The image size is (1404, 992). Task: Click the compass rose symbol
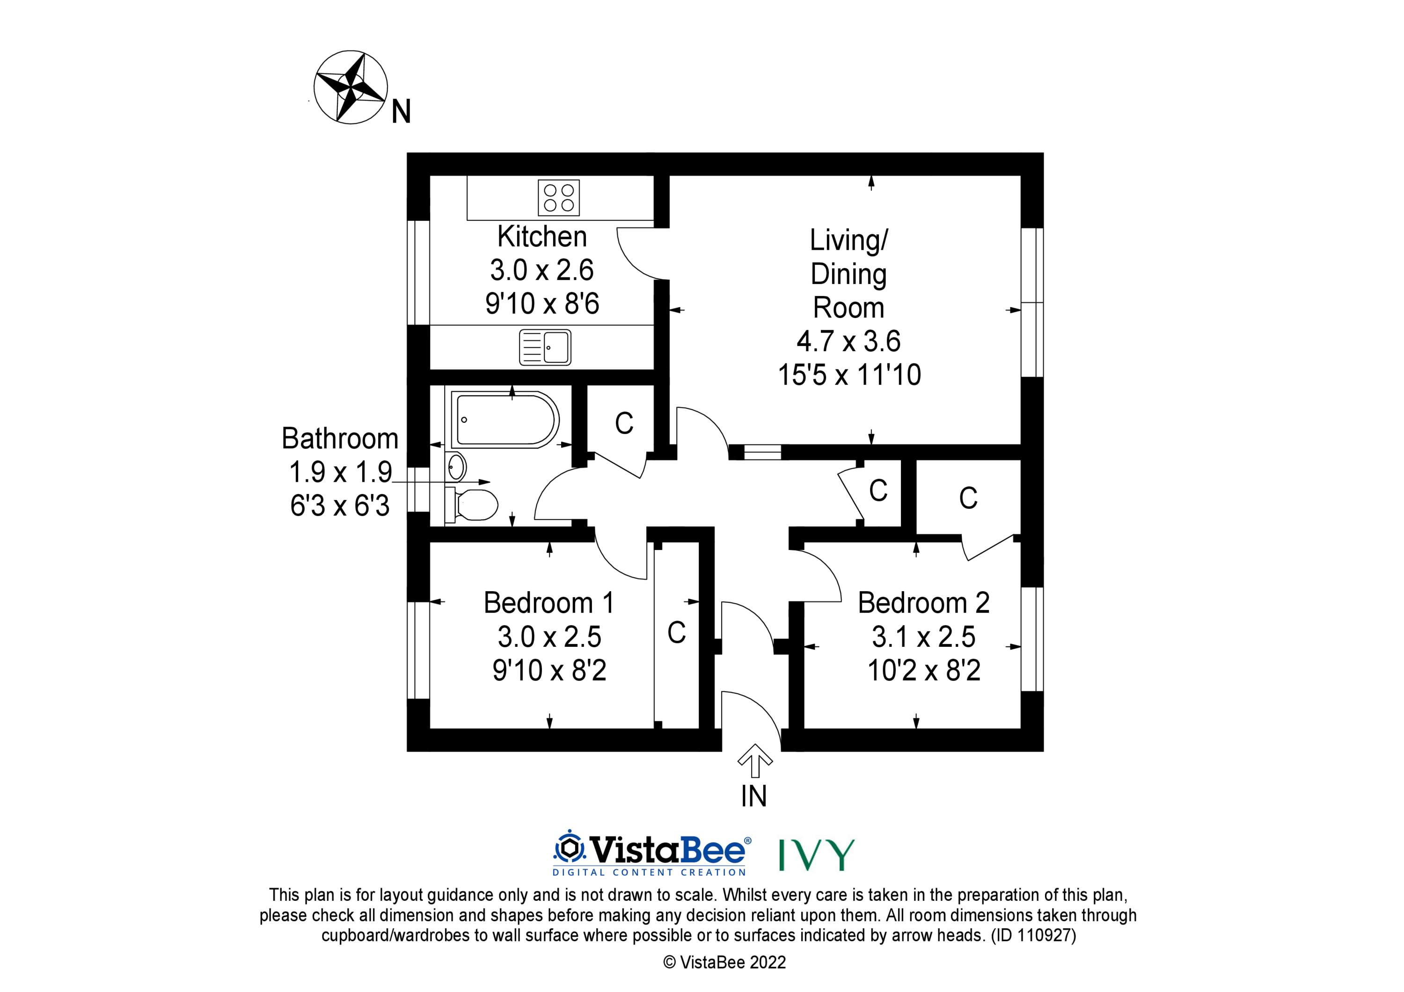(351, 87)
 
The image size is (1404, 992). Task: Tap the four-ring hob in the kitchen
(559, 197)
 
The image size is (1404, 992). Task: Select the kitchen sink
(545, 347)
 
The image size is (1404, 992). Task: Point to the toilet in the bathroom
(471, 505)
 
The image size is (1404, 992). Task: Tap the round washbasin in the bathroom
(456, 468)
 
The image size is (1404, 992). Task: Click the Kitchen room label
(542, 237)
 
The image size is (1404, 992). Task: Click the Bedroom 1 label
(548, 603)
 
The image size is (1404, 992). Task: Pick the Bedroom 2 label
(923, 603)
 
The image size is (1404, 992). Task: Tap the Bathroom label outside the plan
(340, 438)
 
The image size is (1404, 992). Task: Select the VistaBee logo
(652, 853)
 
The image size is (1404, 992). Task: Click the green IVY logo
(816, 854)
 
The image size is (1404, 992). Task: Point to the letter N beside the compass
(401, 112)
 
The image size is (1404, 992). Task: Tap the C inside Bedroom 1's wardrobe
(676, 633)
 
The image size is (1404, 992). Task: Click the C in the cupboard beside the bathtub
(624, 423)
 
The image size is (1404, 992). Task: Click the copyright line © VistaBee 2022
(724, 962)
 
